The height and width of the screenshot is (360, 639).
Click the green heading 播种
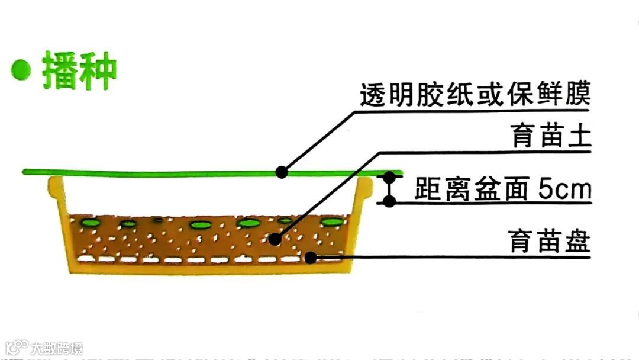tap(79, 70)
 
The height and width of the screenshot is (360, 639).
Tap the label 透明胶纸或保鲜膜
tap(476, 95)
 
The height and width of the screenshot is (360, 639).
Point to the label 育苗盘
tap(550, 242)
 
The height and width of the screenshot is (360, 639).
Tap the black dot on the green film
tap(282, 172)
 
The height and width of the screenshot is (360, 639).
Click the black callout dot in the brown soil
tap(273, 239)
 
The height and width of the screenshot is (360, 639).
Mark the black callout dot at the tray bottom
tap(310, 257)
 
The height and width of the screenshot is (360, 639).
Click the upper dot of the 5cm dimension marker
tap(389, 176)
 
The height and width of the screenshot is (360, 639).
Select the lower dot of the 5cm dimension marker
tap(389, 201)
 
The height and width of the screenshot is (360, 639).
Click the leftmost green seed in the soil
tap(91, 223)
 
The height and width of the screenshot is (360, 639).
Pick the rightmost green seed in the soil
tap(332, 222)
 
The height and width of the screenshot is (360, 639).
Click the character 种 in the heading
tap(98, 70)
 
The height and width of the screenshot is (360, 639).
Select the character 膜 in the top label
tap(579, 95)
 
